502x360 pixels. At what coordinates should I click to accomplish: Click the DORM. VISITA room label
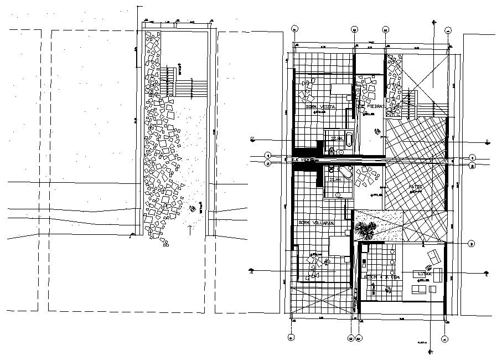pos(321,106)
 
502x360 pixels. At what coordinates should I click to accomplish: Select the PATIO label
pos(416,187)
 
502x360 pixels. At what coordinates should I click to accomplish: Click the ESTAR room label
pos(425,274)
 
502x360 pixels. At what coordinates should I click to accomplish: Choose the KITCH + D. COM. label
pos(381,276)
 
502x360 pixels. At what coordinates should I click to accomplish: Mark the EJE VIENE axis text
pos(302,160)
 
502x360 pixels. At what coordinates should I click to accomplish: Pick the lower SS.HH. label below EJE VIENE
pos(334,180)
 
